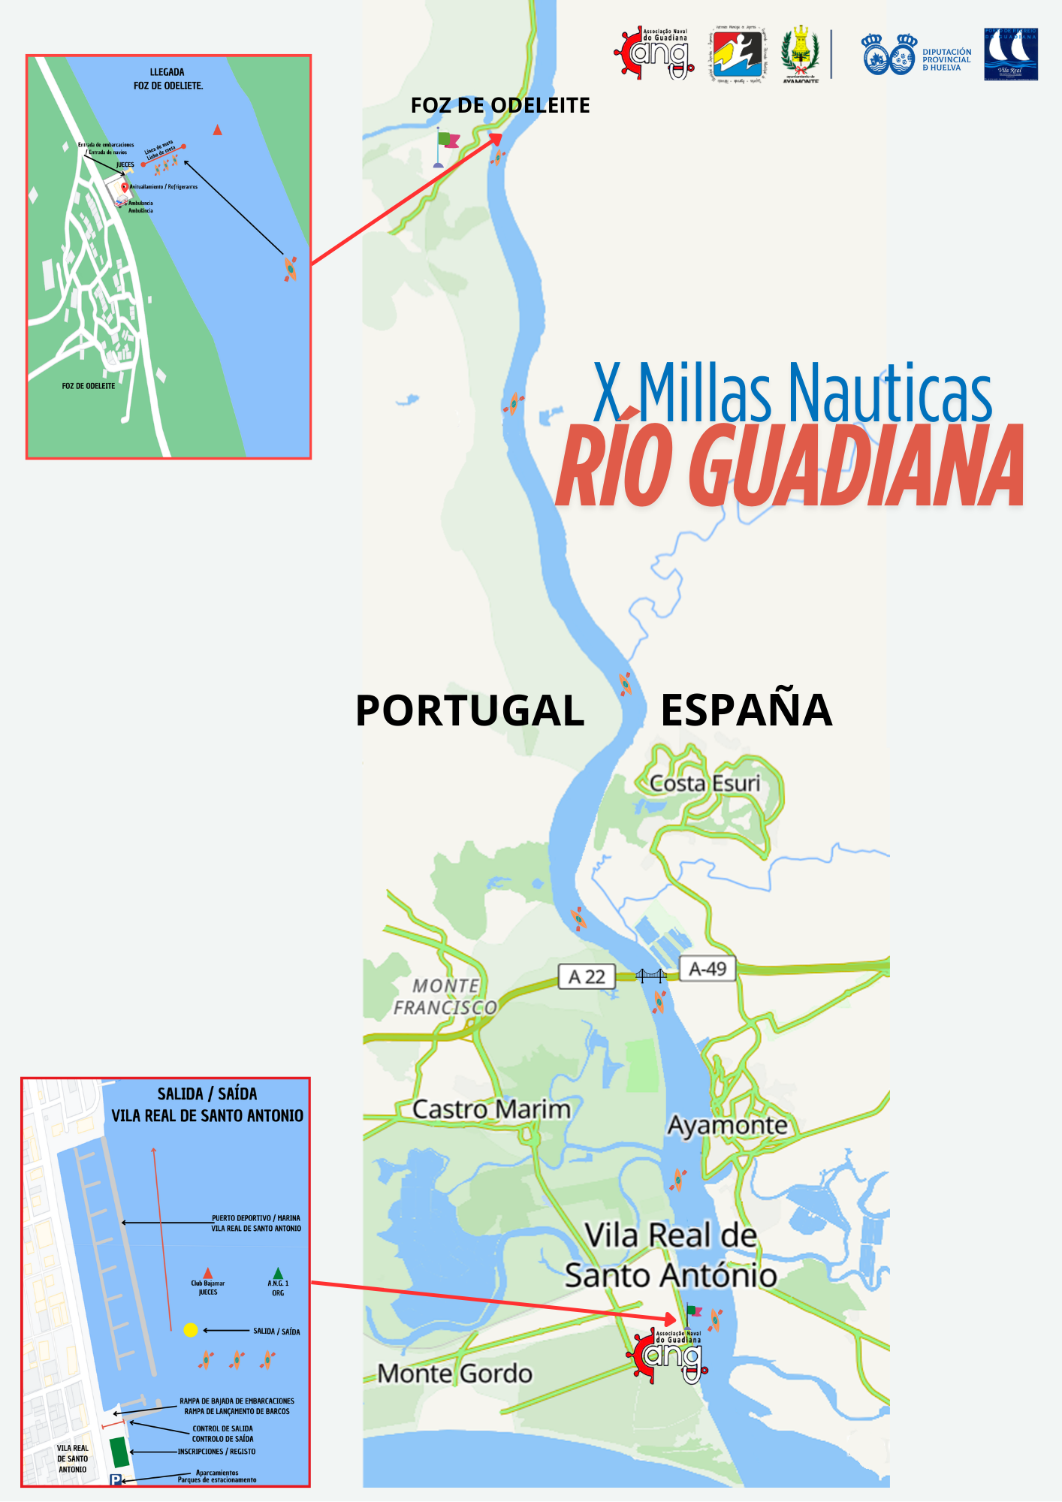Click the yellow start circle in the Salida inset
pos(191,1330)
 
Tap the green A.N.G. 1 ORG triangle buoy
pos(278,1273)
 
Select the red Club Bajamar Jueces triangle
pos(208,1273)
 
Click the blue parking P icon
pos(116,1479)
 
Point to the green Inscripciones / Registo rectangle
pos(119,1452)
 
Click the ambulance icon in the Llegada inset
pos(121,201)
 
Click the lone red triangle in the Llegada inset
pos(217,130)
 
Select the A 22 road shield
pos(587,976)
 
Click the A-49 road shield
pos(707,968)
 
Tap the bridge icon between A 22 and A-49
pos(650,975)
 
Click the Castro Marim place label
pos(491,1109)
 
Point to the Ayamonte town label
pos(727,1125)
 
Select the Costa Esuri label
pos(704,783)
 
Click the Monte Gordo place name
pos(454,1373)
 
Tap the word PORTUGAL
pos(469,710)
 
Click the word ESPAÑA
pos(746,710)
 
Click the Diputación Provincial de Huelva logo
pos(916,55)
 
